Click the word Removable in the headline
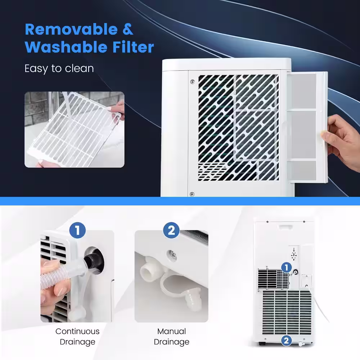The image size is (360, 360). (71, 30)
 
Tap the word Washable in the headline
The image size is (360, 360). (66, 47)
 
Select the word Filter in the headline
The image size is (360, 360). (133, 47)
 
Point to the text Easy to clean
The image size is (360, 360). (59, 68)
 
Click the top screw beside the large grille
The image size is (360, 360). (192, 81)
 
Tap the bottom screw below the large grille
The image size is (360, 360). (192, 194)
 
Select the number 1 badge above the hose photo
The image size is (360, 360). (77, 230)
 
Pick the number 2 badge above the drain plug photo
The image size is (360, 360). (171, 230)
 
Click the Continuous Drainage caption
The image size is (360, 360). (77, 337)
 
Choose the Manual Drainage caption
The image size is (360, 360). (171, 337)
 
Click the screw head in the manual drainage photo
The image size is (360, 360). (172, 255)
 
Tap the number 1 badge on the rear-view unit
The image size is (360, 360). (287, 268)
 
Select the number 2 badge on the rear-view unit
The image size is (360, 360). (286, 341)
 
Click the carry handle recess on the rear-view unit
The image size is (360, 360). (285, 227)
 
